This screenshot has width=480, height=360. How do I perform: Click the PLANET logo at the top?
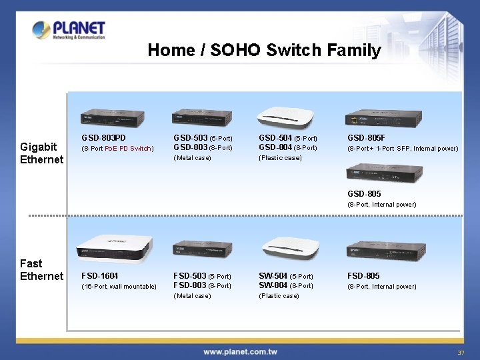click(69, 30)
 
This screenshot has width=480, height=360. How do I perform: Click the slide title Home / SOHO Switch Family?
click(264, 50)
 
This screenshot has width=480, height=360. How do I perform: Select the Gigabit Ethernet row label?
click(41, 153)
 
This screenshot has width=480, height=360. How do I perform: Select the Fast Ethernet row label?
click(41, 269)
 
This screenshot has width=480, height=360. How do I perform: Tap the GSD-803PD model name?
click(103, 138)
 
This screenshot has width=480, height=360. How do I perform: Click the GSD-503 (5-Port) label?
click(203, 138)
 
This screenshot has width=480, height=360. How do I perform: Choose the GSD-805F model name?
click(366, 138)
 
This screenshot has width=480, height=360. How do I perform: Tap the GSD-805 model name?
click(364, 194)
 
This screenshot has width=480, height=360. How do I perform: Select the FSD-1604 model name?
click(100, 275)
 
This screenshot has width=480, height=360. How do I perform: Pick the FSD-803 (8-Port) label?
click(203, 285)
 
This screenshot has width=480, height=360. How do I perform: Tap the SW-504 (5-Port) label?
click(287, 275)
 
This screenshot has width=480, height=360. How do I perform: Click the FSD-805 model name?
click(363, 275)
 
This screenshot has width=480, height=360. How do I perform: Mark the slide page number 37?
click(460, 352)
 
